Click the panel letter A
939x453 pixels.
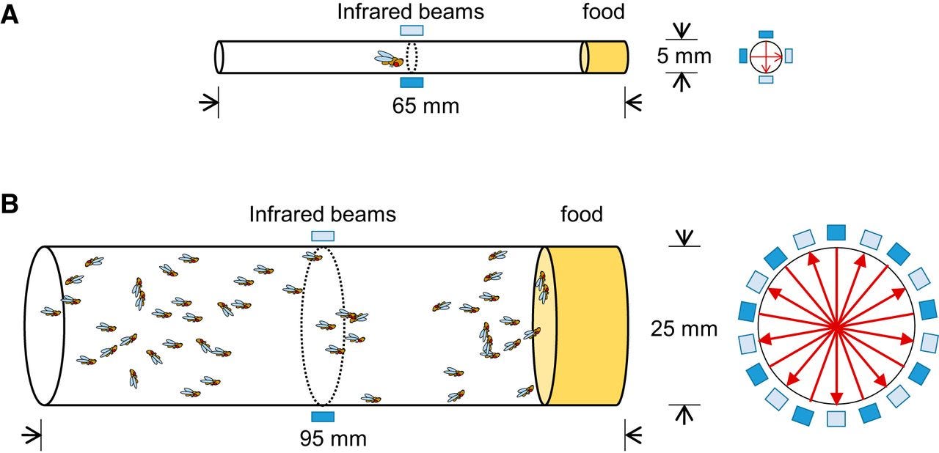pyautogui.click(x=10, y=15)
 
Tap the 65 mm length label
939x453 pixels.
pyautogui.click(x=425, y=106)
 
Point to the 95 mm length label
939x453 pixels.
pyautogui.click(x=333, y=439)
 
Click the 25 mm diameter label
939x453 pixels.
pyautogui.click(x=684, y=329)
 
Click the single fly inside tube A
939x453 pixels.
pyautogui.click(x=390, y=59)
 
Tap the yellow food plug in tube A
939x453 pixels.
pyautogui.click(x=606, y=57)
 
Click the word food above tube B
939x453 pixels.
pyautogui.click(x=581, y=214)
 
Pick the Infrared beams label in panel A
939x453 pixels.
pyautogui.click(x=412, y=11)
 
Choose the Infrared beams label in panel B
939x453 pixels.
pyautogui.click(x=322, y=214)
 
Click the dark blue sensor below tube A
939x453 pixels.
pyautogui.click(x=412, y=82)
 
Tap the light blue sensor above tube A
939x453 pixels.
pyautogui.click(x=412, y=30)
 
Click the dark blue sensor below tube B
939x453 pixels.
pyautogui.click(x=323, y=417)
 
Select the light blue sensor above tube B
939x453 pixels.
pyautogui.click(x=323, y=236)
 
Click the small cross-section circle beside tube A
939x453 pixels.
pyautogui.click(x=766, y=56)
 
